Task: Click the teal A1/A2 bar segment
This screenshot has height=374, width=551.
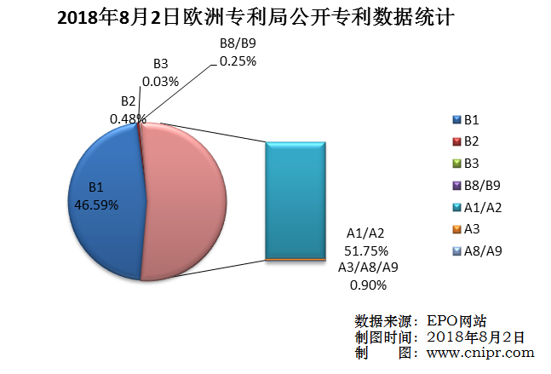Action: point(296,199)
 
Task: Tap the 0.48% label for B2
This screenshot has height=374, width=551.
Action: point(124,119)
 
